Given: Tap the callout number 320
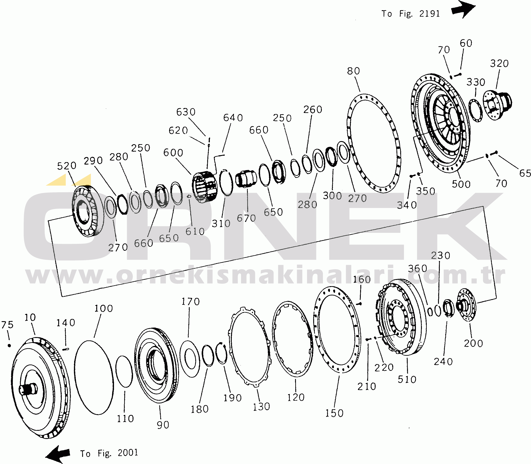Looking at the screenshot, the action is [x=499, y=63].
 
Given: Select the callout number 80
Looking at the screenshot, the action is [x=353, y=71].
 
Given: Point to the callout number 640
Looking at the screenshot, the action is [x=233, y=118].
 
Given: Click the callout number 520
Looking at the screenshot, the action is [x=66, y=166].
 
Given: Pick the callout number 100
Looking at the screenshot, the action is [x=104, y=308].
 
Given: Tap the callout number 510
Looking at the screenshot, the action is [x=407, y=380].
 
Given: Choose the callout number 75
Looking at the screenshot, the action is [x=7, y=325].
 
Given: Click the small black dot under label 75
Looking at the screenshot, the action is [x=9, y=346].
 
